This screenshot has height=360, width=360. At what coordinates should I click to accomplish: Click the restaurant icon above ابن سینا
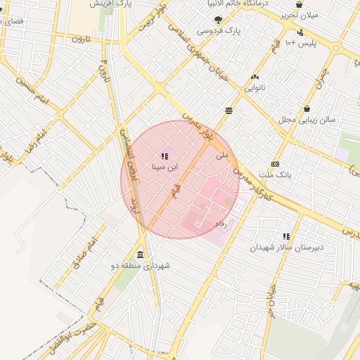165,157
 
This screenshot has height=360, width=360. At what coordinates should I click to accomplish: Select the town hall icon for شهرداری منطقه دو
141,255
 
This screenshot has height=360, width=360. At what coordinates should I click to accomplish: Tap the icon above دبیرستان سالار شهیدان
286,236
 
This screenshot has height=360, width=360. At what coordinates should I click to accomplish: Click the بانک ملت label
275,174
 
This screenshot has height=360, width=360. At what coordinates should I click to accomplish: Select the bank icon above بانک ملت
275,164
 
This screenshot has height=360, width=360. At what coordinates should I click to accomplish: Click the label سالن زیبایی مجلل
307,120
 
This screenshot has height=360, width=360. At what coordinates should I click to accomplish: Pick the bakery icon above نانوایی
255,77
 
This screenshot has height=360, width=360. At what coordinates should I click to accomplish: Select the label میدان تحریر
302,14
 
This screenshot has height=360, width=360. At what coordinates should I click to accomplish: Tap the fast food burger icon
229,110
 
